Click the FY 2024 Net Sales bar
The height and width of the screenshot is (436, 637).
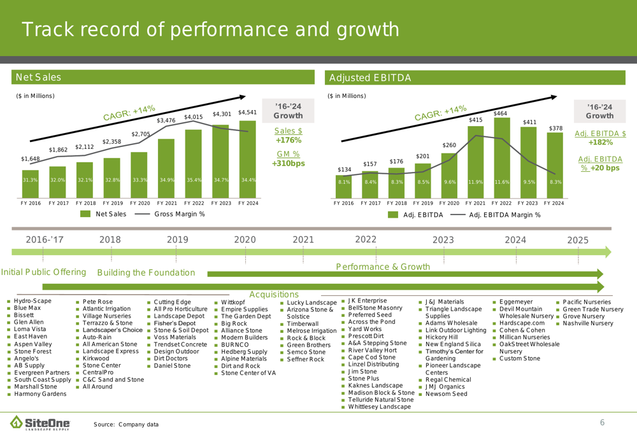[248, 156]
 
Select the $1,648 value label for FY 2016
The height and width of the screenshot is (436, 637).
[31, 158]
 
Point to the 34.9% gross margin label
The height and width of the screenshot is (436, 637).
[166, 180]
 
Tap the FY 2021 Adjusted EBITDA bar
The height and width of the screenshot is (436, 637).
[475, 159]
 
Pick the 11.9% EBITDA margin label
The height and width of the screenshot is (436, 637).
[475, 181]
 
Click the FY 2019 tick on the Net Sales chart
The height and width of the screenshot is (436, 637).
[111, 203]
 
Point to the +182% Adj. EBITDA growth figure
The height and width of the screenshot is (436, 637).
[600, 143]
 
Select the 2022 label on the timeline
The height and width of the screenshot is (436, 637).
[366, 239]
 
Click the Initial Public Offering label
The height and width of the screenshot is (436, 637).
[44, 272]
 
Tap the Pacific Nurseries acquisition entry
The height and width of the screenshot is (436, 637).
[586, 302]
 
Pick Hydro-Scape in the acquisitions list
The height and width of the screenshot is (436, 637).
[32, 300]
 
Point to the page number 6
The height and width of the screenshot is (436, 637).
[601, 423]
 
